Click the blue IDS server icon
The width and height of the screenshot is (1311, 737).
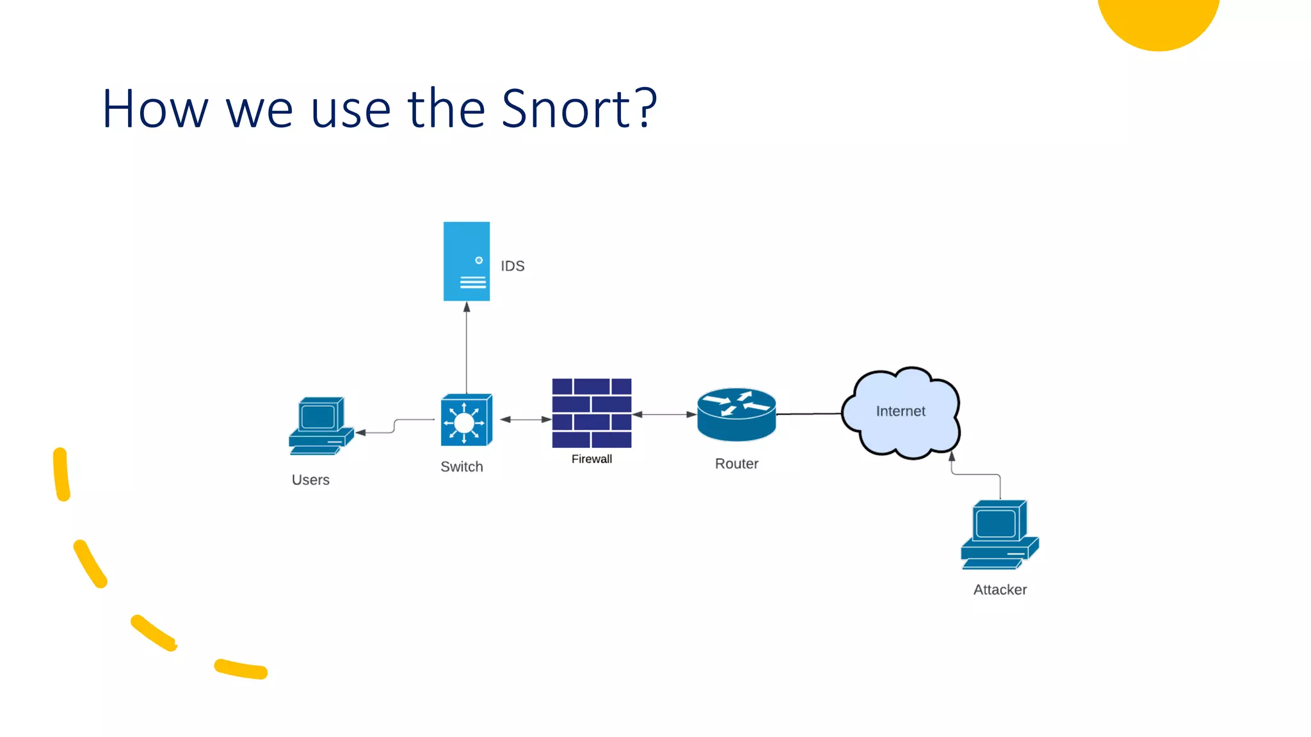[466, 261]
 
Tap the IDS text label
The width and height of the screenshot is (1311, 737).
[512, 266]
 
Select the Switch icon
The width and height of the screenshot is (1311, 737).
[466, 420]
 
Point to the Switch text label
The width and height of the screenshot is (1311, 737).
[462, 467]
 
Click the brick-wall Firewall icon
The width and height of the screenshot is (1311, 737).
[591, 413]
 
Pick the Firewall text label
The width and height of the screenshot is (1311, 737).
[591, 459]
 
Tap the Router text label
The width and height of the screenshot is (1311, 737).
[736, 464]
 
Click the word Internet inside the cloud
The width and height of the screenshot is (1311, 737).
[900, 411]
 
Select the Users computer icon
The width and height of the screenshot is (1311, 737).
[320, 425]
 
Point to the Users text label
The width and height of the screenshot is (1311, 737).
[310, 480]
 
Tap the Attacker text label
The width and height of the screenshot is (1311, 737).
[1000, 590]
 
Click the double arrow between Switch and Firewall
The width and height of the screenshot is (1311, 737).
[526, 420]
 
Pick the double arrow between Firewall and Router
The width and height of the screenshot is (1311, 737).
[664, 415]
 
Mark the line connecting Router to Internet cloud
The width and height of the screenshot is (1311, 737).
[808, 414]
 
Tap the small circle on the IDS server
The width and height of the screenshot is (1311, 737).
[479, 260]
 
